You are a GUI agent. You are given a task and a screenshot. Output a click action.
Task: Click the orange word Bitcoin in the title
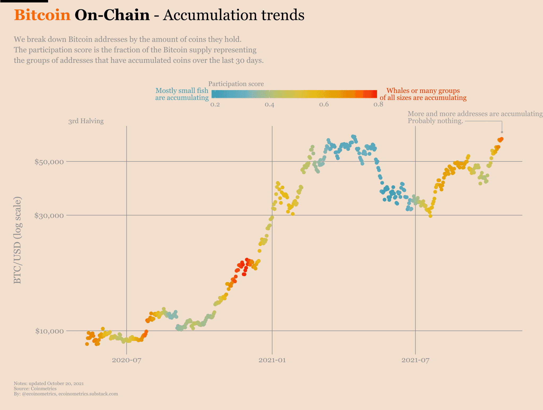tap(42, 15)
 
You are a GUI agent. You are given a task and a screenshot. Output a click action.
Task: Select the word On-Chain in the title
tap(112, 15)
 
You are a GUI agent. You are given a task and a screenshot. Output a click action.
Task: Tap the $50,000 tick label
tap(49, 162)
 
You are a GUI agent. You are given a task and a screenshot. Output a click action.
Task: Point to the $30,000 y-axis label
tap(49, 215)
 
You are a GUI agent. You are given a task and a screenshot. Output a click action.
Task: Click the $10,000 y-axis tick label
tap(49, 331)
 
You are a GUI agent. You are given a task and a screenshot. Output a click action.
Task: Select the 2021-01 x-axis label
tap(272, 360)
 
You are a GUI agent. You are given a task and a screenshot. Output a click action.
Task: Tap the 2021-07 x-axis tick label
tap(415, 360)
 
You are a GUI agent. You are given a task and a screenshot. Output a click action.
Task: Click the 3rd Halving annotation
tap(86, 121)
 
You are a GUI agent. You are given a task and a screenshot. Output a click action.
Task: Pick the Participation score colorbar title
tap(236, 84)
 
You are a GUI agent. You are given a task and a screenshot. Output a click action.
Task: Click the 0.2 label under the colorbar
tap(215, 105)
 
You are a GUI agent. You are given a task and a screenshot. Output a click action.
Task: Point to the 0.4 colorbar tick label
tap(269, 105)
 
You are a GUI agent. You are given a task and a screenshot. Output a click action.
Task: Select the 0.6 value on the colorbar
tap(324, 105)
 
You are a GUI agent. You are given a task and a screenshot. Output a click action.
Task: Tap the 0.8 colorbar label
tap(378, 105)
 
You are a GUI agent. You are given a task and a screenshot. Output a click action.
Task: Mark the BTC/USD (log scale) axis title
tap(17, 240)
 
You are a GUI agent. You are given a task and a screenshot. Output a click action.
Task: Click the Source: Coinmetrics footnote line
tap(35, 389)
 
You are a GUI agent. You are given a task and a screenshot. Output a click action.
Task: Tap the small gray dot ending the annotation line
tap(502, 132)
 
